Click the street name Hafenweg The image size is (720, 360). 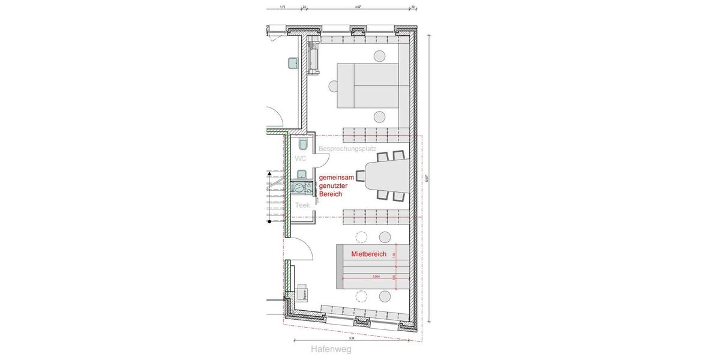[331, 349]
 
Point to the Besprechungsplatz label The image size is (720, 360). [348, 148]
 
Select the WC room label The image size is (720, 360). [301, 158]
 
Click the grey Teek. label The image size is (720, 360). [302, 205]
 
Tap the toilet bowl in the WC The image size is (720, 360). [302, 144]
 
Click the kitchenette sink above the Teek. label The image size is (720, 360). [302, 175]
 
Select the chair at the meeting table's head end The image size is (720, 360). [360, 175]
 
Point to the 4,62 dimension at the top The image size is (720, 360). [358, 7]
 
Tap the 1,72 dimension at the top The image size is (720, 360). [283, 7]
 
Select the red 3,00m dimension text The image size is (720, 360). [376, 277]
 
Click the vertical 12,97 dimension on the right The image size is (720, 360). [427, 178]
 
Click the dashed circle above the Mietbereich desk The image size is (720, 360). [361, 236]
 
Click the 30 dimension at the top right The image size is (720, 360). [413, 7]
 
